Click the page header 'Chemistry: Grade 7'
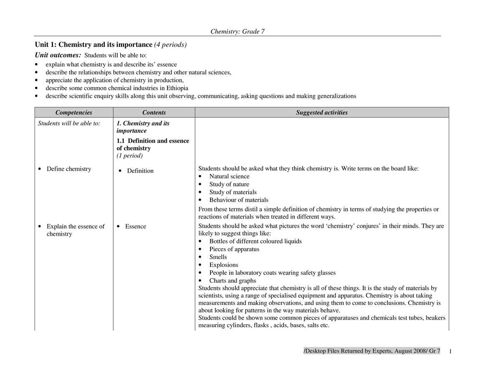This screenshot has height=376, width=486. [237, 31]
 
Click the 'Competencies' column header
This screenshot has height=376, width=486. [73, 112]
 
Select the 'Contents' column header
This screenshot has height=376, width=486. [154, 112]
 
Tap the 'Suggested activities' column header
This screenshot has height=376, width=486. [321, 112]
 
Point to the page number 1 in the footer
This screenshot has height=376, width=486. [451, 351]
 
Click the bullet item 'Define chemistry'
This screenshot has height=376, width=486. [68, 169]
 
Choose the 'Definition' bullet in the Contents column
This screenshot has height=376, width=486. [140, 171]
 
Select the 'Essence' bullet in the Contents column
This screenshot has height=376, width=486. [135, 226]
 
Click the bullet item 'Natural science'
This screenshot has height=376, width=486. [229, 176]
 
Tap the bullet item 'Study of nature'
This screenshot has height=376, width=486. [229, 184]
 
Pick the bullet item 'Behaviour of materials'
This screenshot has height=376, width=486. [238, 200]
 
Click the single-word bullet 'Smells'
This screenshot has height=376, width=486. [218, 257]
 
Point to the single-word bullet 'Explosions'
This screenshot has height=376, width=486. [223, 265]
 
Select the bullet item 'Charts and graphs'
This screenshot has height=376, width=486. [233, 281]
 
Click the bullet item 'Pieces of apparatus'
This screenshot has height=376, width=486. [234, 249]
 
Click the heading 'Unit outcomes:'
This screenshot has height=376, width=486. [58, 55]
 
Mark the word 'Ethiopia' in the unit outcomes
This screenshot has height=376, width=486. [176, 88]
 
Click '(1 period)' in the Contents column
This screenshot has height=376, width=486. [129, 156]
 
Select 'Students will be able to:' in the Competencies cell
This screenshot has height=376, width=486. [69, 123]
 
